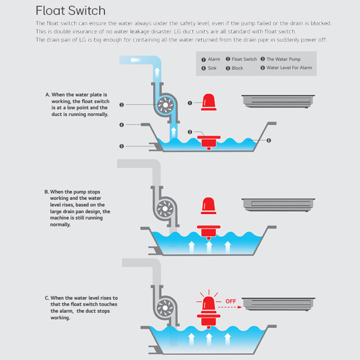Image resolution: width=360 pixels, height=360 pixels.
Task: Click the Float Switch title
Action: coord(70,10)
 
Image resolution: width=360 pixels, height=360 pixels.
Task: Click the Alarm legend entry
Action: coord(211,60)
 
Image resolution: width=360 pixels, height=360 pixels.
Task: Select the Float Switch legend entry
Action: coord(241,60)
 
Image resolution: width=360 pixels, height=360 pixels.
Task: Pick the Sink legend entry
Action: coord(209,68)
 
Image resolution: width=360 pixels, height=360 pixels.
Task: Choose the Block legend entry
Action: coord(235,68)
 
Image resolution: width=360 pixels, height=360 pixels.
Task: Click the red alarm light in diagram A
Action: coord(209,102)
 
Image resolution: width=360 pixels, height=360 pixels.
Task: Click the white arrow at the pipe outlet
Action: coord(136,60)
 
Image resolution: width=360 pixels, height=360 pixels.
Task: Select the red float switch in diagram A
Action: coord(209,139)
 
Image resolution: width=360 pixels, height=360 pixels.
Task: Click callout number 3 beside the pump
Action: coord(121,105)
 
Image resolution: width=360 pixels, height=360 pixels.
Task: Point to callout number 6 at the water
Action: coord(268,140)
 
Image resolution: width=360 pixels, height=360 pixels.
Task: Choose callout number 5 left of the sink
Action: coord(121,146)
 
